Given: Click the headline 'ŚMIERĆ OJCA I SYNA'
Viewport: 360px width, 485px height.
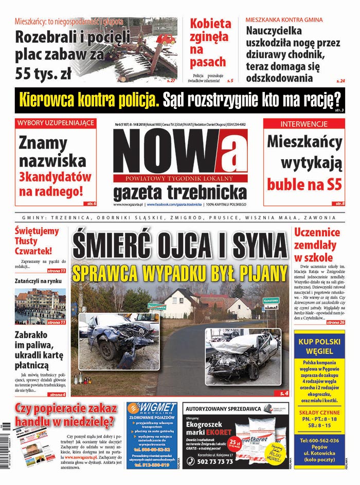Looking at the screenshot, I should coord(179,246).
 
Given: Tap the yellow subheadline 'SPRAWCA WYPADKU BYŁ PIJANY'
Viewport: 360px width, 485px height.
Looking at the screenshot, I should coord(179,272).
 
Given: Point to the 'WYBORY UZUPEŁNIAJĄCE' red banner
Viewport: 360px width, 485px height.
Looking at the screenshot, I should coord(56,123).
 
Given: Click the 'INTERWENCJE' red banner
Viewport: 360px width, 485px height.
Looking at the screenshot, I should coord(304,124).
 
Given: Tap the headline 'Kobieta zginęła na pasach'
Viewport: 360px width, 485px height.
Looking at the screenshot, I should coord(210,43).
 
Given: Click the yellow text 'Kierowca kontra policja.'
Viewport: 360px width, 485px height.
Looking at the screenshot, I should coord(91,99).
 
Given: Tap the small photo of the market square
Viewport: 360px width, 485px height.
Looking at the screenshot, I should coord(40,306).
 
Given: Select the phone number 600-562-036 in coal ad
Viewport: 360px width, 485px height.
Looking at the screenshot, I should coord(319,440).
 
